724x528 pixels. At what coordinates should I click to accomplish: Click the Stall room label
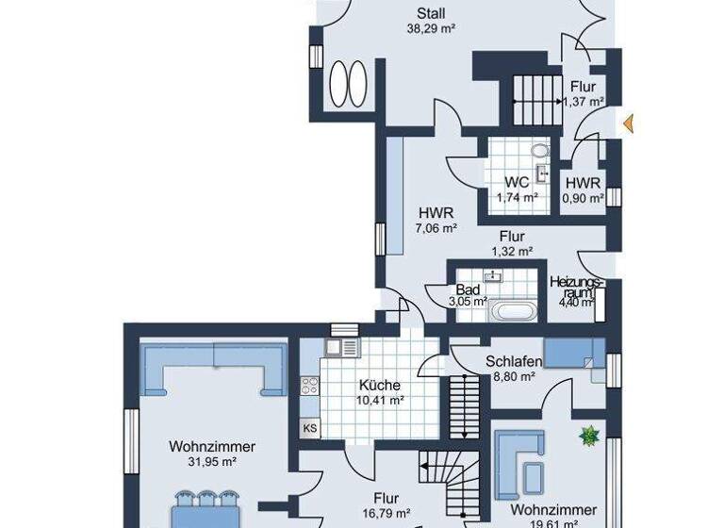click(432, 13)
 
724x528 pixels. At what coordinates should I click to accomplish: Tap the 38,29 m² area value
click(432, 29)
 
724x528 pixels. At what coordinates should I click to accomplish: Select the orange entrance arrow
click(628, 122)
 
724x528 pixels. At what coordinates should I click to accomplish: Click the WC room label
click(516, 182)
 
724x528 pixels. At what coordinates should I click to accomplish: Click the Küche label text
click(380, 385)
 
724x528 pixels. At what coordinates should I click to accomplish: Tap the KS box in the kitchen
click(309, 427)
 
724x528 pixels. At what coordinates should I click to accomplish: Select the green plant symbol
click(590, 435)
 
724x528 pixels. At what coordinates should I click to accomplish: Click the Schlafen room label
click(514, 361)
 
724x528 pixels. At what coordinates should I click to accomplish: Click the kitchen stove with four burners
click(310, 386)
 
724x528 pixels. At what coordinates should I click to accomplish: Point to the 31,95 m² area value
click(203, 462)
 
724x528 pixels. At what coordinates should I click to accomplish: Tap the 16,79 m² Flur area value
click(385, 514)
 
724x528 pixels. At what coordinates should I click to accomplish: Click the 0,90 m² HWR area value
click(583, 198)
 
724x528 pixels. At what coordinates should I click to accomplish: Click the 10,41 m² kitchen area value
click(380, 400)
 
